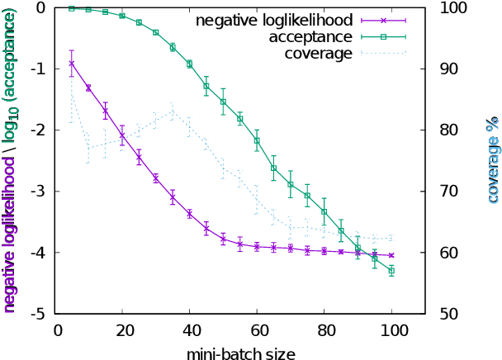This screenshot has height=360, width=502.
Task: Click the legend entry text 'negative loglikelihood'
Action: coord(274,18)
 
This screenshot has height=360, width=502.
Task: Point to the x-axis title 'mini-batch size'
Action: coord(240,351)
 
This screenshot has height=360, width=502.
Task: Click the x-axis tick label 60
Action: coord(257,329)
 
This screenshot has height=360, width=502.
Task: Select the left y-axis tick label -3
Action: coord(38,192)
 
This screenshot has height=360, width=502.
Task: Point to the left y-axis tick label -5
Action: coord(38,314)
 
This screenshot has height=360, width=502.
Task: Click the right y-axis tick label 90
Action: coord(437,69)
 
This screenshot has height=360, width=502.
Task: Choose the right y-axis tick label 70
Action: coord(437,192)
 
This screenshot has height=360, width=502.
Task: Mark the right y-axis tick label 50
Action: coord(437,314)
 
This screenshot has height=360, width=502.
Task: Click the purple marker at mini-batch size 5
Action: coord(72,63)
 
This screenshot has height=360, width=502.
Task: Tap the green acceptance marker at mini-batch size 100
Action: coord(391,271)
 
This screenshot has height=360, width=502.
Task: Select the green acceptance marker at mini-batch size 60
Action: coord(257,140)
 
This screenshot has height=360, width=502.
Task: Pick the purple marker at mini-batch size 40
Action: coord(190,214)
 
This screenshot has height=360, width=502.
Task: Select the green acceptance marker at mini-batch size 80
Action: coord(324,211)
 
